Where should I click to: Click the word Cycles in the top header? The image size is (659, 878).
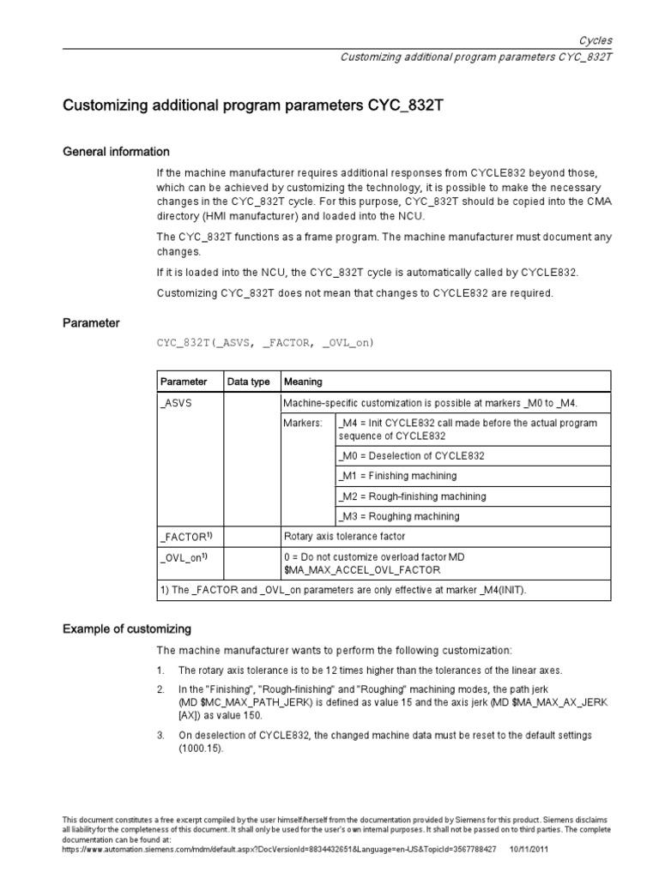[x=596, y=40]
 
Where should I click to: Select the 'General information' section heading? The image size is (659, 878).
[x=117, y=152]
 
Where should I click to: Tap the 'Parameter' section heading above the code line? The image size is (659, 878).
[x=92, y=323]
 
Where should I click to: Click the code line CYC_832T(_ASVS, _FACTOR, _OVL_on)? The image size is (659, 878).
[x=265, y=343]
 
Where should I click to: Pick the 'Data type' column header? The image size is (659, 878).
[x=247, y=382]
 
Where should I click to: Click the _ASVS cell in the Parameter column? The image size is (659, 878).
[x=175, y=402]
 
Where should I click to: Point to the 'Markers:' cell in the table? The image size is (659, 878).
[x=304, y=423]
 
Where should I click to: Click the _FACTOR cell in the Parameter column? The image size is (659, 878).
[x=184, y=536]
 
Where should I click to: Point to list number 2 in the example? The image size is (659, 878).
[x=160, y=689]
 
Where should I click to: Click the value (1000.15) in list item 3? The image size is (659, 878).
[x=201, y=749]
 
